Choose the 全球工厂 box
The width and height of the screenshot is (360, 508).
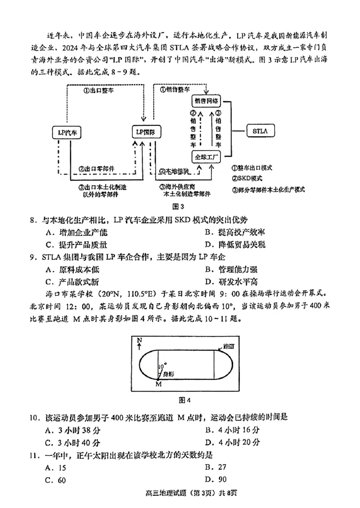click(x=207, y=157)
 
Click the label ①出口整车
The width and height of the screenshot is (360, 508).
click(x=98, y=90)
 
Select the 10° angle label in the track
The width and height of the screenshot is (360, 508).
click(x=162, y=365)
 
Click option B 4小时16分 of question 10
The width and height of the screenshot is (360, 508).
click(x=232, y=430)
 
